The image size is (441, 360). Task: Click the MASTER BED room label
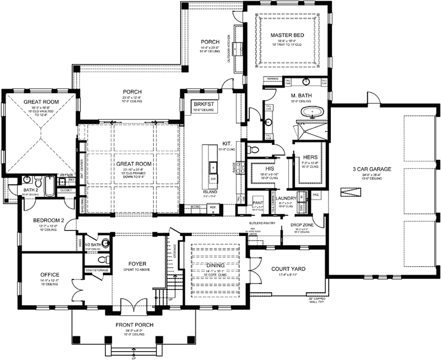point(284,35)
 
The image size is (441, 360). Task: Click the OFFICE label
point(49,274)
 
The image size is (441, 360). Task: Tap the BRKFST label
point(200,104)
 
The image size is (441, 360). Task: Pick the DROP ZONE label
point(297,225)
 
